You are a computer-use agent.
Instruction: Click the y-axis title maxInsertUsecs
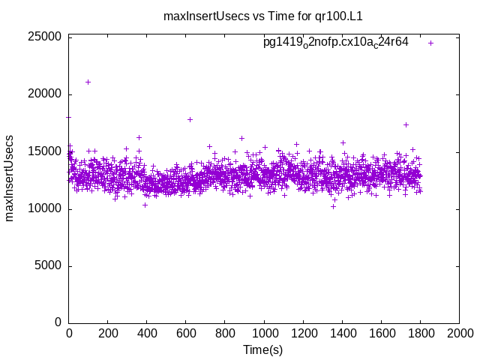tap(10, 178)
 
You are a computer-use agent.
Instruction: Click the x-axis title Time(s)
tap(262, 349)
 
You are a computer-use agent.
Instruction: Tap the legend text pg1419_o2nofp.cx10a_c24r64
tap(335, 43)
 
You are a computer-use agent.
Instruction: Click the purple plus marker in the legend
tap(430, 43)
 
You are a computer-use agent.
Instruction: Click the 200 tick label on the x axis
tap(108, 333)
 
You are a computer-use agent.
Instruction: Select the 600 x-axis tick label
tap(186, 333)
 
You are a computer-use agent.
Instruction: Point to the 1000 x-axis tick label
tap(264, 333)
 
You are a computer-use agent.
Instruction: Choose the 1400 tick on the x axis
tap(342, 333)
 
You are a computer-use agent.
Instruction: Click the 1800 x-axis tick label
tap(420, 333)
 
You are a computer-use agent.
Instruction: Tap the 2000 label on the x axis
tap(459, 333)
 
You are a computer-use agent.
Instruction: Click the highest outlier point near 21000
tap(88, 82)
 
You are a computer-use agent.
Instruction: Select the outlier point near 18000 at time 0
tap(69, 117)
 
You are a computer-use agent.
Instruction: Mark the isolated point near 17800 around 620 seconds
tap(190, 119)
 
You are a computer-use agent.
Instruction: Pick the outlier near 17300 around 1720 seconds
tap(406, 124)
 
